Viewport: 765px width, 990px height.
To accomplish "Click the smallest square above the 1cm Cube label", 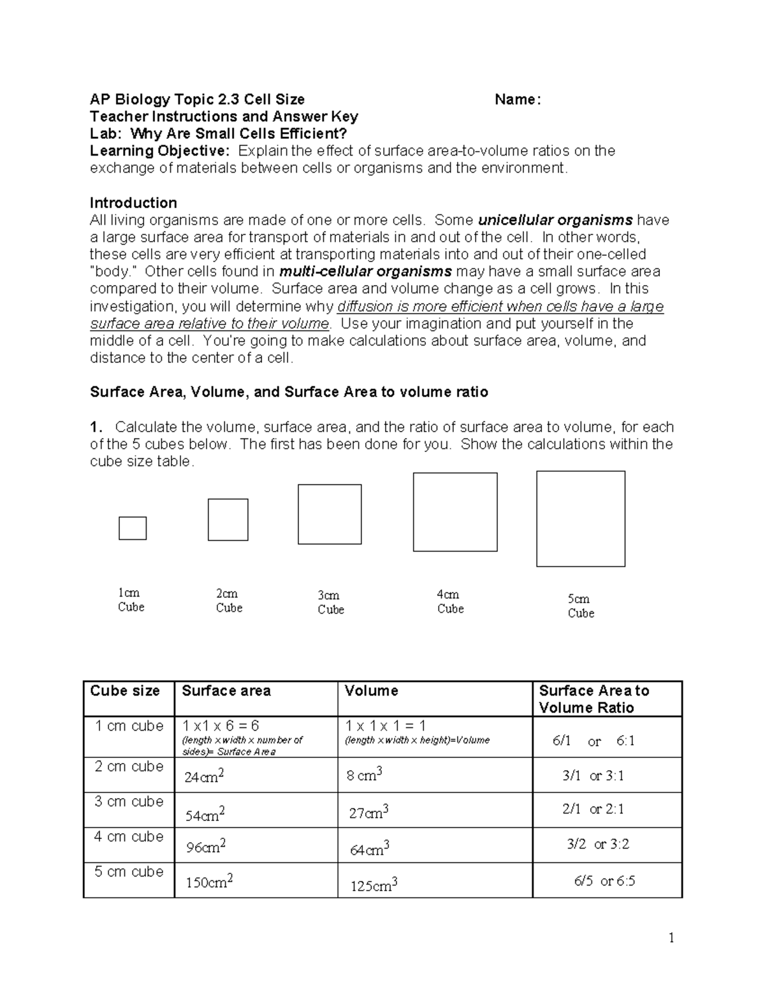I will pos(133,528).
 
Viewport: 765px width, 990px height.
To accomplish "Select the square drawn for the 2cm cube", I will pos(228,520).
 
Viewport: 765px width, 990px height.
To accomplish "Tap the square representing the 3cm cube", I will pos(330,514).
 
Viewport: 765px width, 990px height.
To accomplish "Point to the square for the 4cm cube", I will pos(455,512).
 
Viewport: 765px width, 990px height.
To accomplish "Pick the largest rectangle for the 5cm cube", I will pos(581,518).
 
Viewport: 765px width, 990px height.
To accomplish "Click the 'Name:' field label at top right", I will pos(518,99).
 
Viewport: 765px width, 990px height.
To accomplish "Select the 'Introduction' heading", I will pos(133,203).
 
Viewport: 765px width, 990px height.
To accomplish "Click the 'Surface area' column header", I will pos(226,691).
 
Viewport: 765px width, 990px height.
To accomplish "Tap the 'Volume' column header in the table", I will pos(371,691).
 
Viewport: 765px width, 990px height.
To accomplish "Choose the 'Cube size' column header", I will pos(125,691).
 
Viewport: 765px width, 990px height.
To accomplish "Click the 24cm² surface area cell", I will pos(205,776).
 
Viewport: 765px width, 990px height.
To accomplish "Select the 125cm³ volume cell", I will pos(374,885).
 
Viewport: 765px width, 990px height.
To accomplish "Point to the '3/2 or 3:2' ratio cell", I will pos(598,844).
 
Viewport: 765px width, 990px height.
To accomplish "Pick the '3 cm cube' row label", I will pos(129,801).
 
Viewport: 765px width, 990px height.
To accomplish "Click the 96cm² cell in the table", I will pos(206,847).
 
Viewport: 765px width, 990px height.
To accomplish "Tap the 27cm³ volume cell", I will pos(368,813).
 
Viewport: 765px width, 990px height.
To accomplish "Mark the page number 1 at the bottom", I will pos(671,938).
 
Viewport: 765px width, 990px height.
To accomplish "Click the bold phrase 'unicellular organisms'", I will pos(555,221).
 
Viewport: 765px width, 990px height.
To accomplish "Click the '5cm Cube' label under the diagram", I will pos(580,606).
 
